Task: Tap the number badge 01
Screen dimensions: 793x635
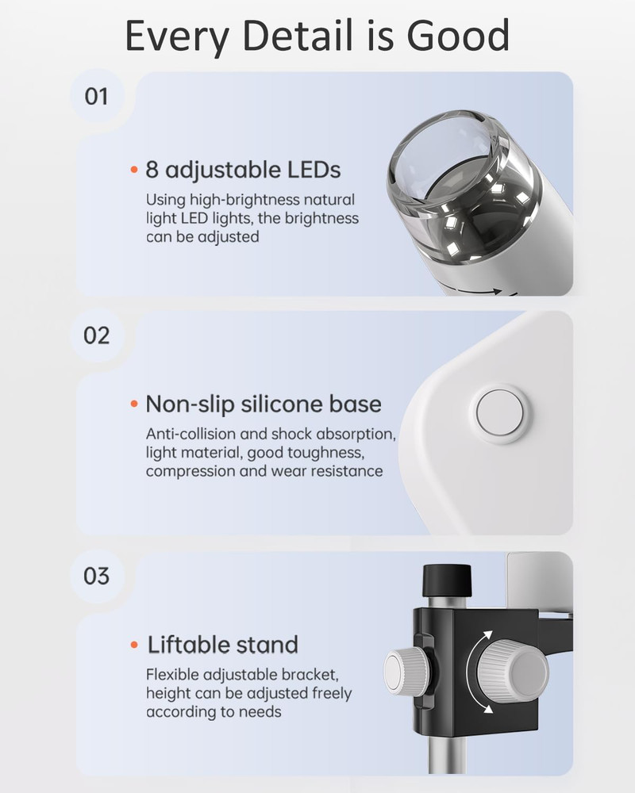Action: click(x=96, y=97)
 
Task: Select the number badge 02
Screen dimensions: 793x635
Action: click(x=96, y=335)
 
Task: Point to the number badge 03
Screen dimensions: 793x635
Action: click(x=96, y=575)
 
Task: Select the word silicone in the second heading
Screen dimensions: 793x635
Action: click(x=286, y=404)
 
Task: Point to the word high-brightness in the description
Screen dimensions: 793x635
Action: click(x=245, y=200)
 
